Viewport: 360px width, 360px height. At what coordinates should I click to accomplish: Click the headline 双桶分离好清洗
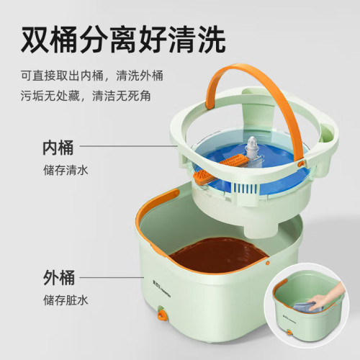pos(123,40)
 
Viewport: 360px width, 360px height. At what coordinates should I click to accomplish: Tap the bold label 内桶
pos(58,148)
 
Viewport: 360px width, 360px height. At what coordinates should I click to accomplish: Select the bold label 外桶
pos(59,278)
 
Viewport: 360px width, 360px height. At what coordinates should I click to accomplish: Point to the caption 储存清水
pos(66,170)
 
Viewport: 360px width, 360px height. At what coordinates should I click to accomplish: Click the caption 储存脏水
pos(66,300)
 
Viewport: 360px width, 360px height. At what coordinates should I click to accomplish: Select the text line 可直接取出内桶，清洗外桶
pos(92,76)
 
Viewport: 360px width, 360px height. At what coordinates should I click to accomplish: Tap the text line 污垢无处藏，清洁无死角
pos(86,96)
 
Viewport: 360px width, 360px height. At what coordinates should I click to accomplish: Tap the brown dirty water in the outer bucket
pos(218,254)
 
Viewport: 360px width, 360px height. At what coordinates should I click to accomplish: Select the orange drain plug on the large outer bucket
pos(162,313)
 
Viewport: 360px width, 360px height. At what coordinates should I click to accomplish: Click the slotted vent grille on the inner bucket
pos(244,189)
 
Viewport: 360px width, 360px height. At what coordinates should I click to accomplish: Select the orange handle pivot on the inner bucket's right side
pos(301,163)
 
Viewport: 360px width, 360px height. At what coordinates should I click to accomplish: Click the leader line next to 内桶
pos(129,145)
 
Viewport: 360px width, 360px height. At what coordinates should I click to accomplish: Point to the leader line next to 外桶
pos(112,278)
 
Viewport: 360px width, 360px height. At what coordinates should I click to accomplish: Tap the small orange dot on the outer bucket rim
pos(268,263)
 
